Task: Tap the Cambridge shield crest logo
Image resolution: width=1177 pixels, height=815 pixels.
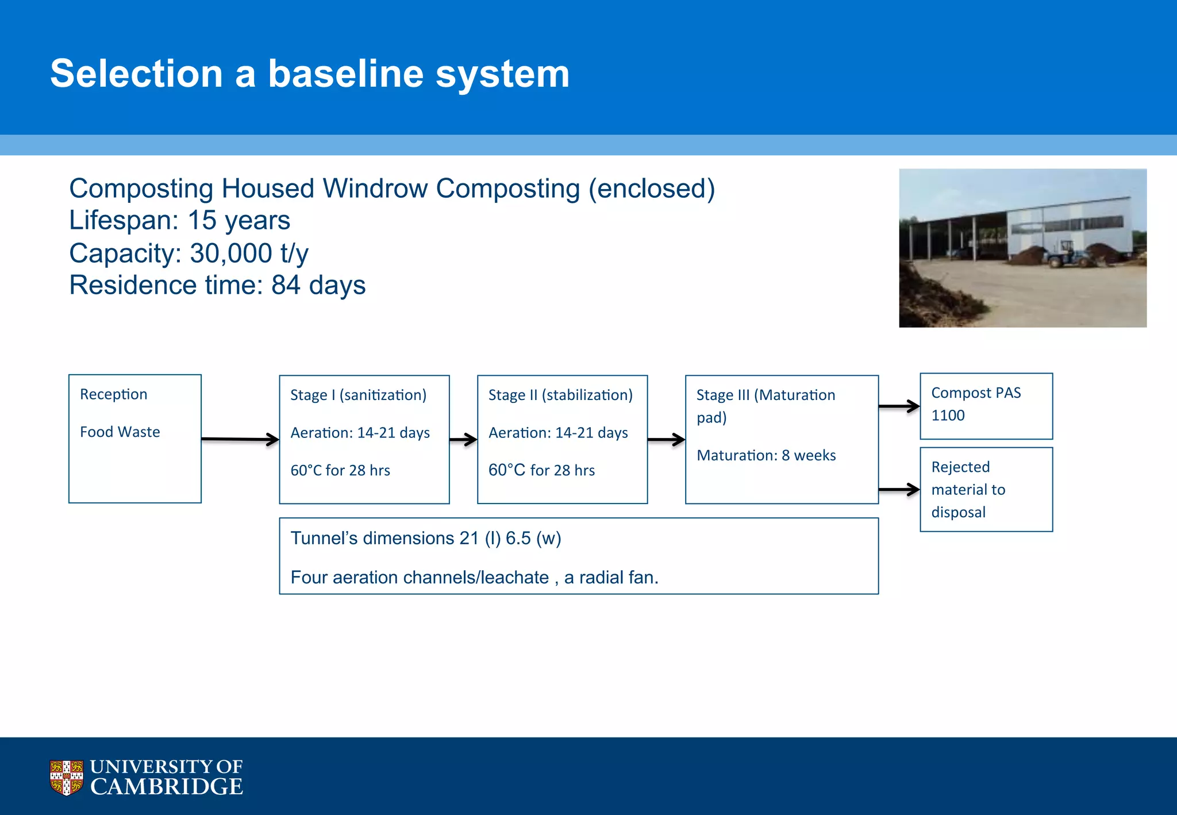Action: click(x=66, y=777)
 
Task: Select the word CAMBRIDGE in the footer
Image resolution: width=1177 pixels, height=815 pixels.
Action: click(x=167, y=787)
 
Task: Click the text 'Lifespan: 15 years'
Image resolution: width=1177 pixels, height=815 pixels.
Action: click(x=179, y=221)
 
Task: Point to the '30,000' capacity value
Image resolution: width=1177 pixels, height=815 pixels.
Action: click(x=230, y=253)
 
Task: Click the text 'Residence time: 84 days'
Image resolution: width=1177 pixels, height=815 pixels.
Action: click(x=217, y=285)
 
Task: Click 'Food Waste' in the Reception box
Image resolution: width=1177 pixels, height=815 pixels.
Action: click(x=120, y=432)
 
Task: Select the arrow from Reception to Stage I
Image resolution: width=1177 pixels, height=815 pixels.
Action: click(x=240, y=439)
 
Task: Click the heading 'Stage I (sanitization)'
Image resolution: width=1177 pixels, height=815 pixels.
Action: click(x=358, y=395)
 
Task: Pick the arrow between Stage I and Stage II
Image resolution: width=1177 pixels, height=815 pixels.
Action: click(x=463, y=440)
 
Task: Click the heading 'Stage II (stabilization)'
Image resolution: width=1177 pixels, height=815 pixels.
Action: click(x=560, y=395)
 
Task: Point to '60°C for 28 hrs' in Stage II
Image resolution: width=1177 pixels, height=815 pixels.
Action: click(x=541, y=470)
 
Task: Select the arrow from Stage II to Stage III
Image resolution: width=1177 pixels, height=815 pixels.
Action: click(x=666, y=440)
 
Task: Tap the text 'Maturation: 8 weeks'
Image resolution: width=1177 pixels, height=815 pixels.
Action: click(x=766, y=455)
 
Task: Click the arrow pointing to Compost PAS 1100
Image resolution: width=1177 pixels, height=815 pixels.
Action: click(x=899, y=406)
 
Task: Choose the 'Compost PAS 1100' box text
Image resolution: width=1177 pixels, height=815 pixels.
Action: click(x=975, y=404)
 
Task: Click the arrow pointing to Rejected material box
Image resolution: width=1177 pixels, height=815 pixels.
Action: click(x=899, y=490)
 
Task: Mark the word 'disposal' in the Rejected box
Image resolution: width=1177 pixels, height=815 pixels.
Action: click(x=958, y=512)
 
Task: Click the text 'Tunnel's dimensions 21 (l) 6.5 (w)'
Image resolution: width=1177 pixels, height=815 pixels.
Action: click(x=425, y=538)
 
